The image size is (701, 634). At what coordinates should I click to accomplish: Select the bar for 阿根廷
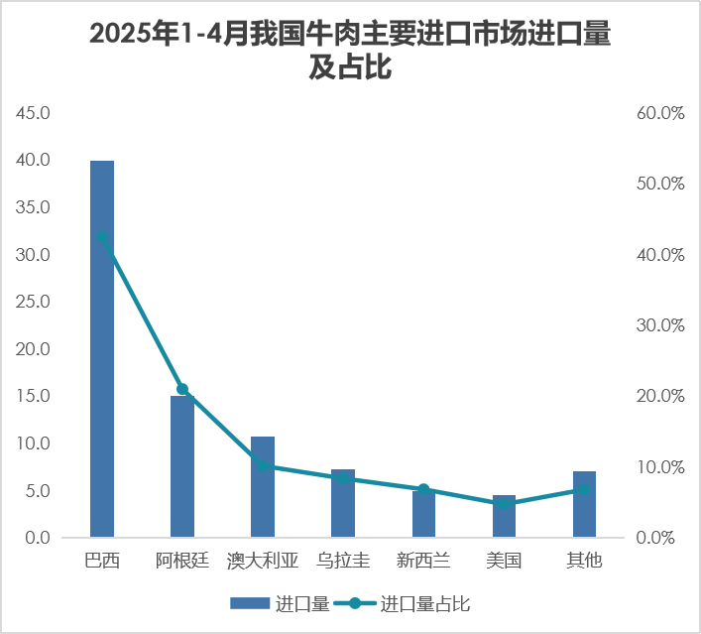point(182,466)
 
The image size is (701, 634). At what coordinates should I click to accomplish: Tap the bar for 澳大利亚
point(263,487)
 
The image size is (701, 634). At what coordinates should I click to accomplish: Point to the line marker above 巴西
point(102,237)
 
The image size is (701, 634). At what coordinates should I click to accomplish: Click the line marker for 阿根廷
point(182,390)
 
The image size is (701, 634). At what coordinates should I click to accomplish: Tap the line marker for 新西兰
point(423,490)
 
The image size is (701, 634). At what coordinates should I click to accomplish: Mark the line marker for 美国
point(504,504)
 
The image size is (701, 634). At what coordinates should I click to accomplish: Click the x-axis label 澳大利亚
point(263,562)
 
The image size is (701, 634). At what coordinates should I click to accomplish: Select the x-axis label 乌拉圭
point(343,562)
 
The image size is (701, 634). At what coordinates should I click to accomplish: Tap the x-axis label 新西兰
point(423,562)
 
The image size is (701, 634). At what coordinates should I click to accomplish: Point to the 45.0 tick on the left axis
point(34,113)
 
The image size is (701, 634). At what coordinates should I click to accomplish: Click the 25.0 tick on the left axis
point(34,302)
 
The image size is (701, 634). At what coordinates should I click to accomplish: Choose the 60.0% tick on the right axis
point(660,113)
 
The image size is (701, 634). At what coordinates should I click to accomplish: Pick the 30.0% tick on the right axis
point(660,325)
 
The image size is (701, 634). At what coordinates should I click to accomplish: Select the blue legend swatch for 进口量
point(250,603)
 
